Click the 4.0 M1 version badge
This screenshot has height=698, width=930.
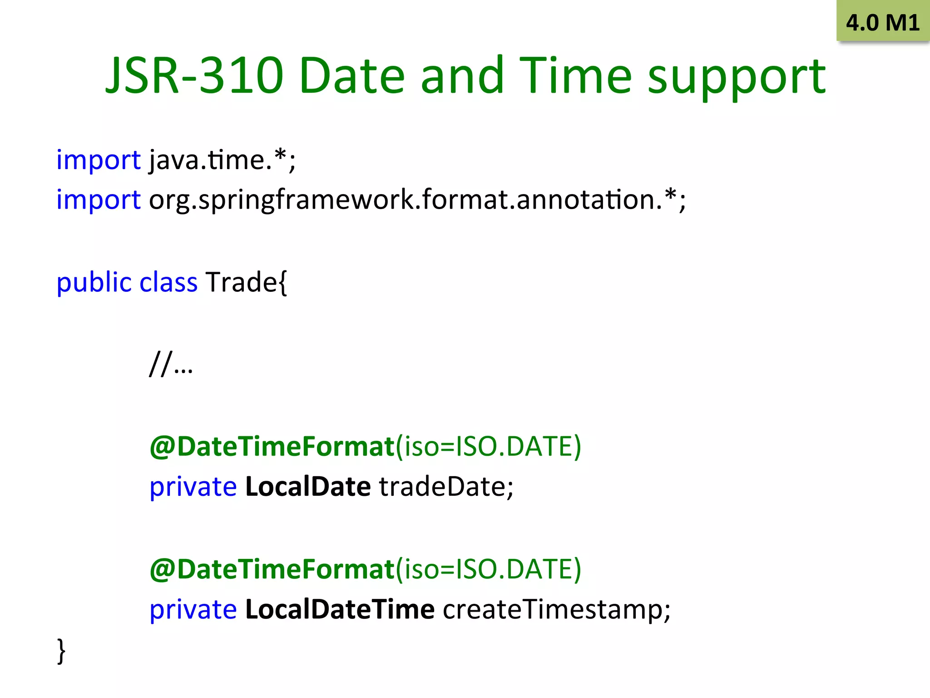tap(882, 22)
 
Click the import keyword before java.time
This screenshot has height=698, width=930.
tap(98, 160)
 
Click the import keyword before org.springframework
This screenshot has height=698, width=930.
tap(98, 200)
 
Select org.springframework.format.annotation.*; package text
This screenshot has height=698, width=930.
tap(417, 200)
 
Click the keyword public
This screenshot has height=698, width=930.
tap(94, 283)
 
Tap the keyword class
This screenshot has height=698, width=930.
tap(168, 283)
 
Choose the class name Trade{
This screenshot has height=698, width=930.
tap(246, 283)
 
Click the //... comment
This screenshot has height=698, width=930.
tap(171, 364)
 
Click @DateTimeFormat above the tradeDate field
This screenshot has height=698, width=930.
tap(272, 446)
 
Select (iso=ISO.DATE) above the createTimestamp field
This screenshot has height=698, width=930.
tap(488, 569)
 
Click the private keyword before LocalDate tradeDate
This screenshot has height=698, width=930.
tap(193, 487)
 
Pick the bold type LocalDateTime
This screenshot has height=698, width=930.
tap(340, 609)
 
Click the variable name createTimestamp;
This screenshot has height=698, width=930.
tap(556, 610)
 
